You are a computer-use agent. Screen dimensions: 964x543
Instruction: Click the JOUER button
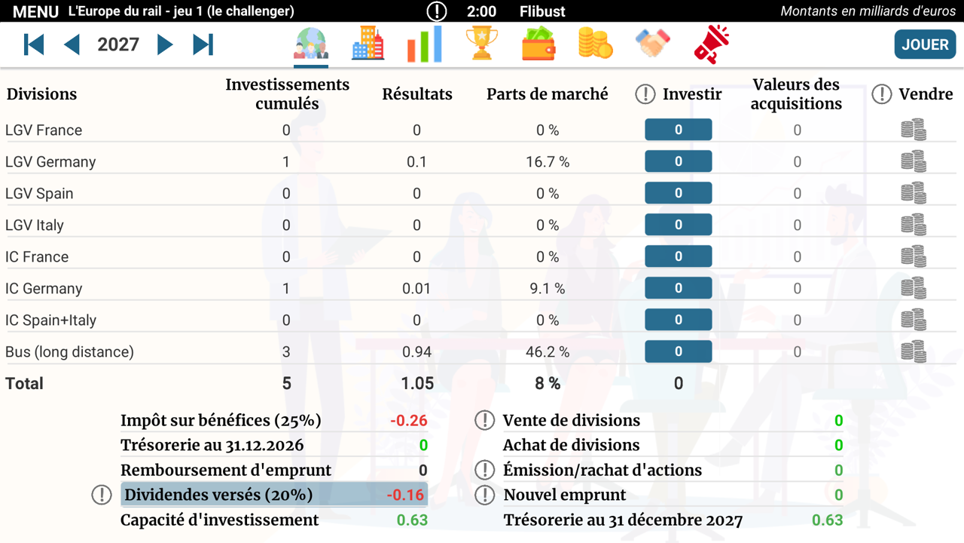pos(925,44)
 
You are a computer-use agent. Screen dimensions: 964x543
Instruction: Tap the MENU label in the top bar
pos(35,11)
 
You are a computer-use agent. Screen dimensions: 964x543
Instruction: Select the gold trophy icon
pos(481,43)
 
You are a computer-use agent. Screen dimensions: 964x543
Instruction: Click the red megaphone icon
pos(712,44)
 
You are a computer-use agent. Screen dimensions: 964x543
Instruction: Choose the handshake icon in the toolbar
pos(652,43)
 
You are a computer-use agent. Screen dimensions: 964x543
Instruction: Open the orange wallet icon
pos(538,44)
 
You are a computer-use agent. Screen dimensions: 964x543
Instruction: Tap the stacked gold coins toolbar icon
pos(596,43)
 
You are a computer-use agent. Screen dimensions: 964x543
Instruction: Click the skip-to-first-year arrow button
pos(34,44)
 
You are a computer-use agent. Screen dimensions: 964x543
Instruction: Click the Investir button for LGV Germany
pos(679,161)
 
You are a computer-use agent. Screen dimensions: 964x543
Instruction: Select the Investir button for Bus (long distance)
pos(679,351)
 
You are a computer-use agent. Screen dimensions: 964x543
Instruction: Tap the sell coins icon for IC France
pos(914,256)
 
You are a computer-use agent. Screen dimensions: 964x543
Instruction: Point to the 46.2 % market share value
pos(548,351)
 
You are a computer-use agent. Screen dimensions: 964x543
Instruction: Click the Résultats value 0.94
pos(416,351)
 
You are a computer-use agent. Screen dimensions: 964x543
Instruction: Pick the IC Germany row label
pos(44,288)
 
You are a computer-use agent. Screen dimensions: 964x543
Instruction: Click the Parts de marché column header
pos(548,94)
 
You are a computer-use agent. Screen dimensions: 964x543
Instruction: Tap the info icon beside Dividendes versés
pos(102,495)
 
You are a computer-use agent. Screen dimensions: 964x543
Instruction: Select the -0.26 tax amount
pos(409,420)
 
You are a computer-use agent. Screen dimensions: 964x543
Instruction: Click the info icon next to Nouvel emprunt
pos(484,495)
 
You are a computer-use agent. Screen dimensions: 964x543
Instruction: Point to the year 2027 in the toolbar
pos(118,44)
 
